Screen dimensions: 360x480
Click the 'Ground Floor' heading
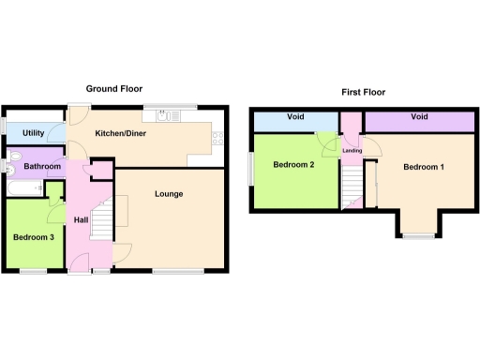[x=114, y=88]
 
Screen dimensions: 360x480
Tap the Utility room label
[x=35, y=134]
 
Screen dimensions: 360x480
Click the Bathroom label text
[x=42, y=167]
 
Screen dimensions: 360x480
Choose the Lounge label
[x=169, y=194]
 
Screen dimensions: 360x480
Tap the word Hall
[x=81, y=219]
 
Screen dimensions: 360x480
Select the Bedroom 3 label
[x=33, y=237]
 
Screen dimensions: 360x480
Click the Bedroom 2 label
[x=292, y=165]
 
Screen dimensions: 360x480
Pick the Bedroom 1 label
[x=424, y=167]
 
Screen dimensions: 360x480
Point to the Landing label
[x=352, y=150]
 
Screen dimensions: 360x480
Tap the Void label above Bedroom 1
[x=419, y=117]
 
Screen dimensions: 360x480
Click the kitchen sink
[x=167, y=115]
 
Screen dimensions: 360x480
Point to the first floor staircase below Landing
[x=352, y=183]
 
